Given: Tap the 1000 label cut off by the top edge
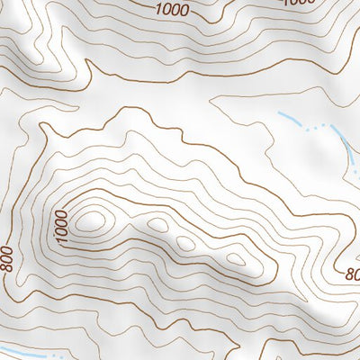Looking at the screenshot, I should (x=300, y=3).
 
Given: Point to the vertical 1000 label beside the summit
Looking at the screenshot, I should (x=61, y=226).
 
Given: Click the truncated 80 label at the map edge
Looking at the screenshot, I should (x=352, y=273).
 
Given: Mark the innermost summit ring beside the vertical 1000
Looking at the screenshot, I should (x=90, y=217).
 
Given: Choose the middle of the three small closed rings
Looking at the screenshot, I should (x=186, y=243).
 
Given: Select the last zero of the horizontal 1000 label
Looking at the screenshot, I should (x=186, y=12).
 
